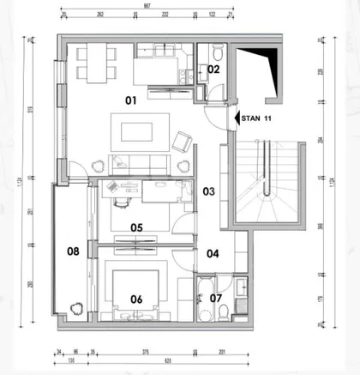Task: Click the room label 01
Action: coord(132,100)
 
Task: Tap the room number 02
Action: coord(213,69)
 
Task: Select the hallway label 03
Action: coord(207,192)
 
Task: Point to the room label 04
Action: coord(212,253)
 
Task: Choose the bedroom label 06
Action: coord(135,299)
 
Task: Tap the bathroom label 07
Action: coord(215,299)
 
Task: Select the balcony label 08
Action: coord(73,251)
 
